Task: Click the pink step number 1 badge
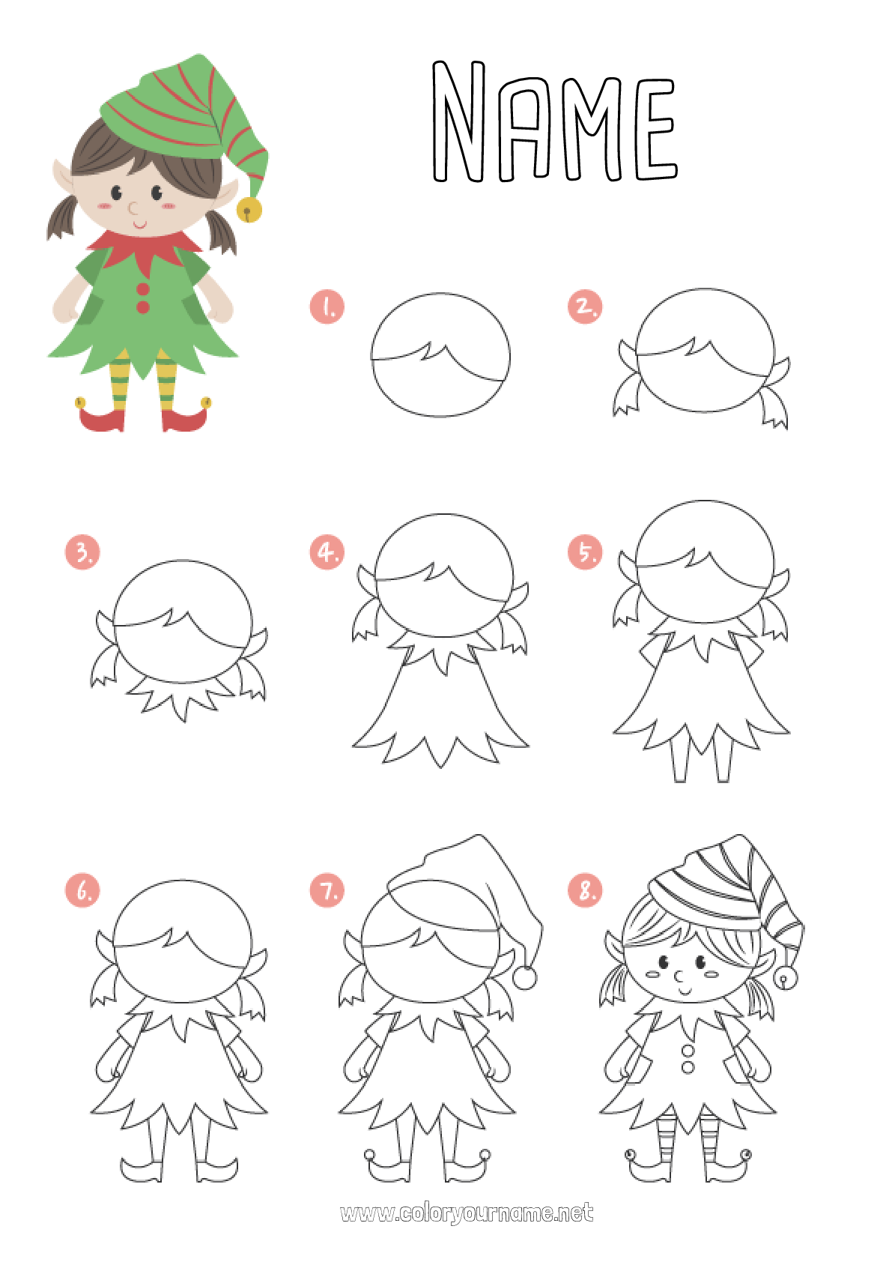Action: (327, 307)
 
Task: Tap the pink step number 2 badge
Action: (585, 307)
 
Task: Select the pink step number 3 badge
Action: (82, 552)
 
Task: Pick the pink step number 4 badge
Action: (327, 552)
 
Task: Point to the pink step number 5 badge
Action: (585, 552)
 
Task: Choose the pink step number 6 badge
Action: (82, 890)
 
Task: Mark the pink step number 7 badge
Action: (327, 890)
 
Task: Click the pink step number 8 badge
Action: (585, 890)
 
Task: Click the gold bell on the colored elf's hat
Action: (249, 211)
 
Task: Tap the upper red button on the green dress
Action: (143, 289)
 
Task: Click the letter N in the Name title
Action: (459, 122)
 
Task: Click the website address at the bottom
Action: (467, 1213)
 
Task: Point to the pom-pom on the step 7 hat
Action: (524, 977)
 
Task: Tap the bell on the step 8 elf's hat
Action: (786, 977)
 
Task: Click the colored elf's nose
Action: (133, 207)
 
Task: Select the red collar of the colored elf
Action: (145, 247)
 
